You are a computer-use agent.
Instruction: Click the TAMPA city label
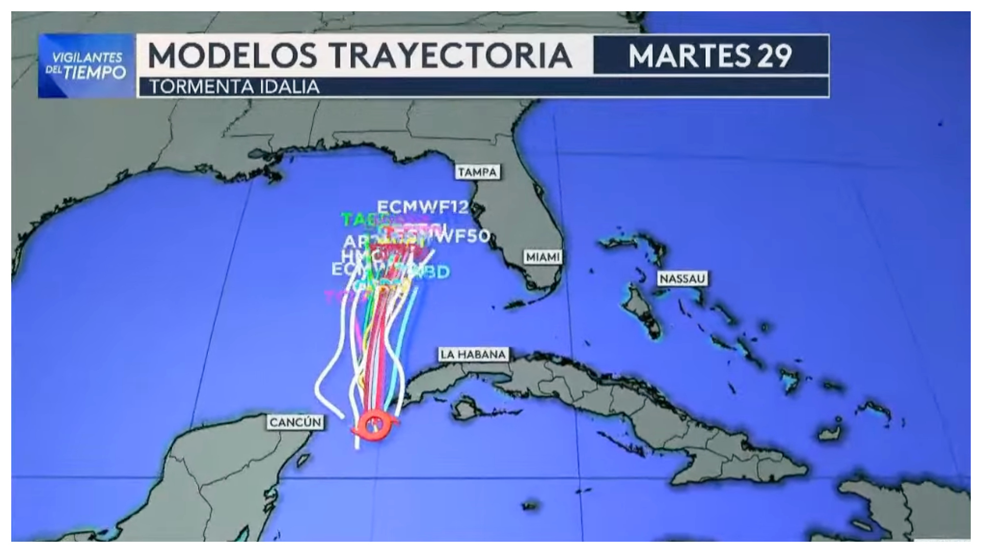point(478,172)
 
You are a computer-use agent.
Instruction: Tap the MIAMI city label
point(543,257)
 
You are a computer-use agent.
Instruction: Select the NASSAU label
point(682,279)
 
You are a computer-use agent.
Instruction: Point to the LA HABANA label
point(473,354)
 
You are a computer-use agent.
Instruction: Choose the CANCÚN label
point(295,422)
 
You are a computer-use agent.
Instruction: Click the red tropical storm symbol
point(375,425)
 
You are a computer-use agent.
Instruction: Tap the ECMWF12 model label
point(422,207)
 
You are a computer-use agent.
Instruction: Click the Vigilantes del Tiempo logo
point(86,66)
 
